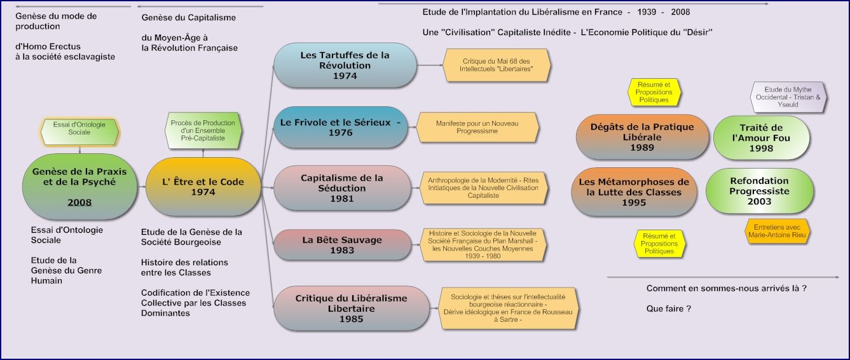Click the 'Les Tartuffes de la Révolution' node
[x=345, y=66]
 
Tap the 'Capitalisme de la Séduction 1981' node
[x=342, y=188]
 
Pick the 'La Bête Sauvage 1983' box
[x=342, y=245]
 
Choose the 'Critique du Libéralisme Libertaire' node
[x=343, y=308]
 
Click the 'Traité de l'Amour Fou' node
[x=761, y=138]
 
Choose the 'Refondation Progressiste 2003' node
[x=759, y=191]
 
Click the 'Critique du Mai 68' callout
[x=497, y=65]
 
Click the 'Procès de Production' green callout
[x=203, y=130]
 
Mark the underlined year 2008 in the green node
[x=80, y=202]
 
